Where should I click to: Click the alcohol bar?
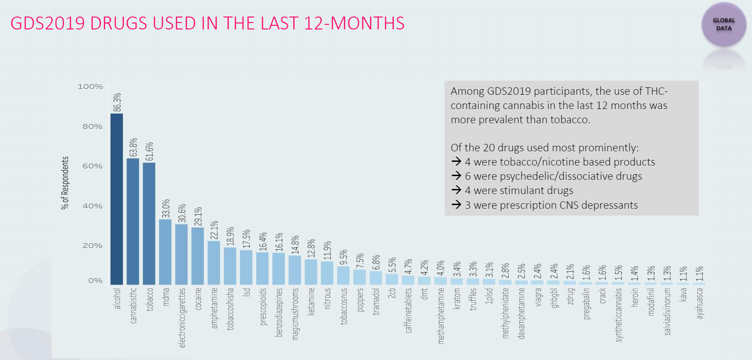[x=117, y=199]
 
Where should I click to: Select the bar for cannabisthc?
[x=133, y=221]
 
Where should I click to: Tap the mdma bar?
[x=165, y=251]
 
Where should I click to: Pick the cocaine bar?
[x=198, y=256]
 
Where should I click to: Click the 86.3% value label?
[x=117, y=102]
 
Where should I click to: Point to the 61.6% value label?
[x=149, y=151]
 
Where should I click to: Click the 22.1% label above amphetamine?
[x=214, y=230]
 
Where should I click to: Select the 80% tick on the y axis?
[x=92, y=126]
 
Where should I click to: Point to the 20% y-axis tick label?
[x=92, y=246]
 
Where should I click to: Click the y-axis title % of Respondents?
[x=65, y=183]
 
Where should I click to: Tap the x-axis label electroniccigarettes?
[x=182, y=317]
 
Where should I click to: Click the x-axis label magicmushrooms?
[x=295, y=314]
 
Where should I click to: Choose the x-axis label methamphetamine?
[x=441, y=315]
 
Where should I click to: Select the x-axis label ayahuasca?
[x=700, y=303]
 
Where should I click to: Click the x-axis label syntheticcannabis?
[x=619, y=314]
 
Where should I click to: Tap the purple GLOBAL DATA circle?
[x=723, y=24]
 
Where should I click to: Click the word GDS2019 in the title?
[x=47, y=23]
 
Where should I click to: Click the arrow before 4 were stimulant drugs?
[x=456, y=190]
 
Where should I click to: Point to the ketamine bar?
[x=311, y=272]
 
